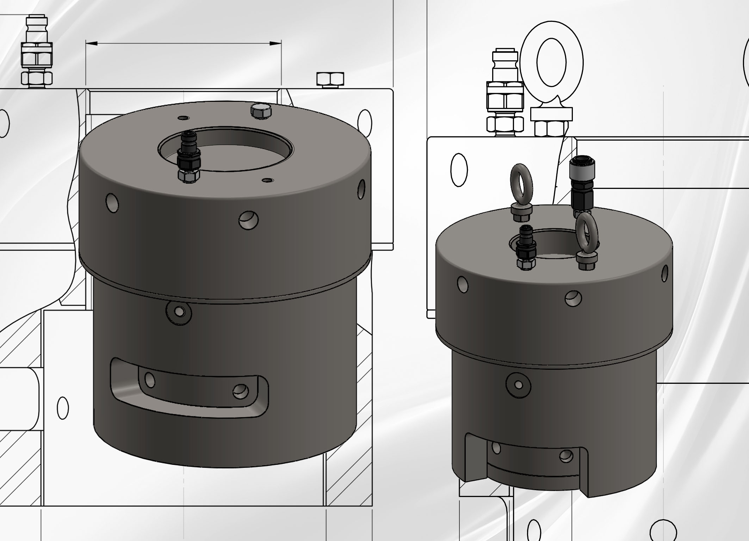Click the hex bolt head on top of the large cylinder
tap(261, 111)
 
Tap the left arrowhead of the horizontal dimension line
tap(91, 43)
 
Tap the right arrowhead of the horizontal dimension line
tap(276, 43)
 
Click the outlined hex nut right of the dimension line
tap(330, 79)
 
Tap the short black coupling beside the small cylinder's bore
tap(526, 248)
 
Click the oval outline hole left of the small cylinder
tap(459, 170)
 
